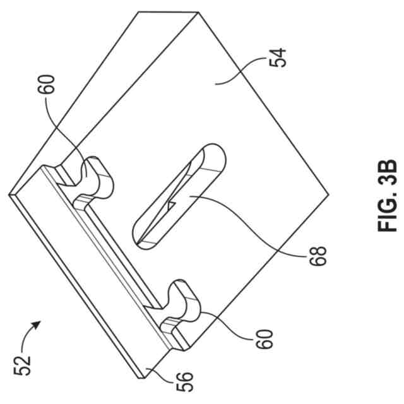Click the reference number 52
click(24, 365)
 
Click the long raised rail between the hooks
click(107, 252)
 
